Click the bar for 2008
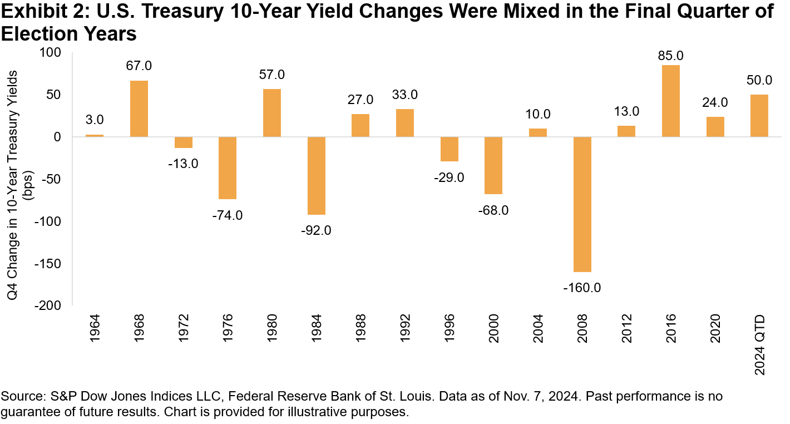coord(582,204)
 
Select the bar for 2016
coord(670,101)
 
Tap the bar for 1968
coord(139,109)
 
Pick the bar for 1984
coord(316,175)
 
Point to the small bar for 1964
coord(95,135)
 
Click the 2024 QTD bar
coord(759,116)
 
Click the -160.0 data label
coord(582,288)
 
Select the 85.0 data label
coord(670,56)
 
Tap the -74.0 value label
coord(228,215)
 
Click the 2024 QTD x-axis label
coord(759,345)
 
